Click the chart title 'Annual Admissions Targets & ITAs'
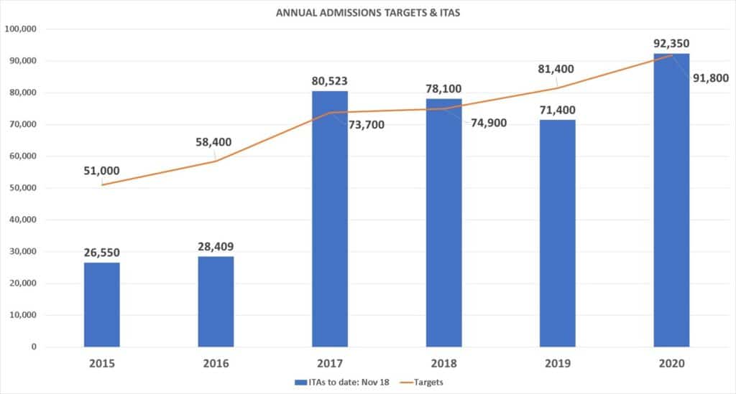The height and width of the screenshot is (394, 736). tap(368, 13)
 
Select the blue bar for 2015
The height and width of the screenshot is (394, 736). tap(102, 305)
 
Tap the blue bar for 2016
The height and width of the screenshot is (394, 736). tap(216, 301)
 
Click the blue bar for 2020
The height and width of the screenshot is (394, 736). tap(671, 201)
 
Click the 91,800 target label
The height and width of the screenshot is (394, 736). tap(709, 78)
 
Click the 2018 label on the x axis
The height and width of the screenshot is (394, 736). tap(443, 363)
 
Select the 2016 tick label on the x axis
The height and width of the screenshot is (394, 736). tap(216, 363)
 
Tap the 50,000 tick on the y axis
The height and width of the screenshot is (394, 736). tap(27, 188)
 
